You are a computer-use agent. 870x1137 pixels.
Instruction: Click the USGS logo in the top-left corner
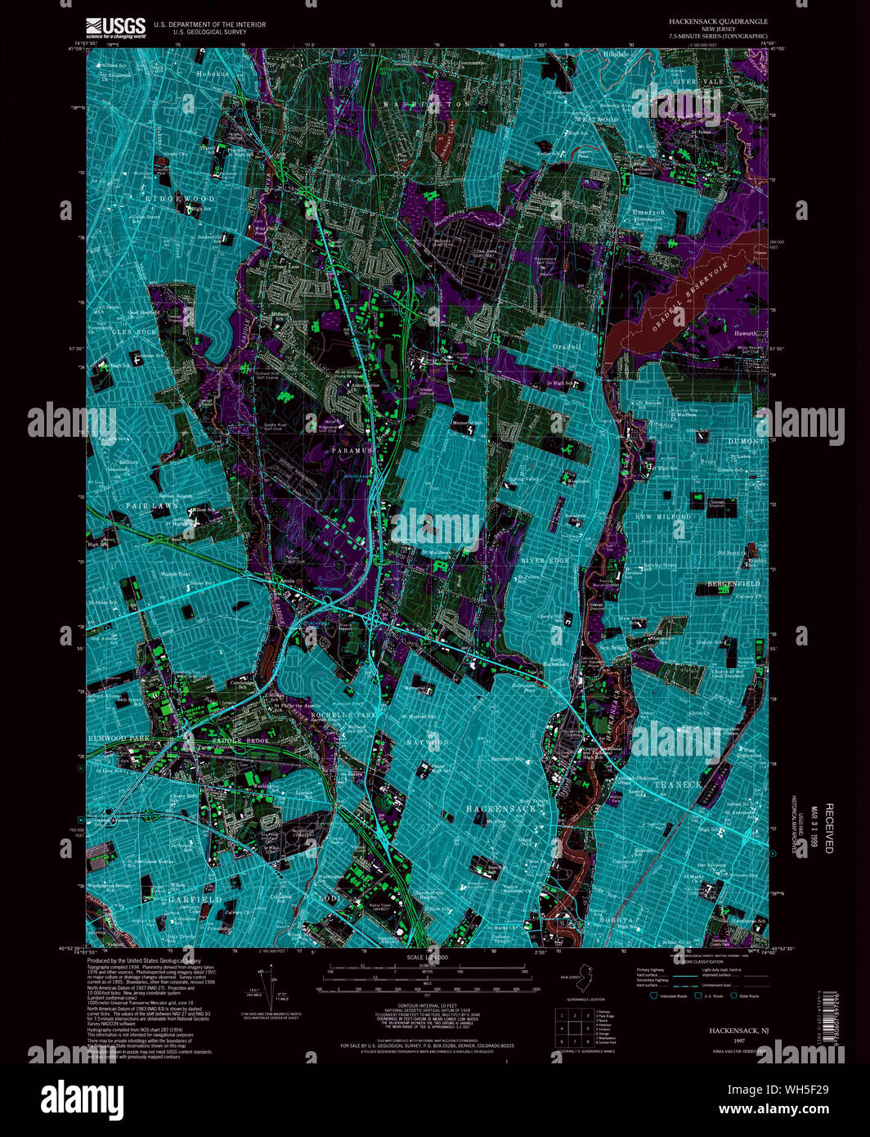point(115,28)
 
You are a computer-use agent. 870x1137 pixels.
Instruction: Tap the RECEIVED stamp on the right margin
point(828,828)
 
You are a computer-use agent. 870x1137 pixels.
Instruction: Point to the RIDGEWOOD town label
point(181,199)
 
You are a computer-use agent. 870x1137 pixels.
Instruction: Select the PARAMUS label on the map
point(352,451)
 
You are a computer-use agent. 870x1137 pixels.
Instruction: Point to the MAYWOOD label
point(427,743)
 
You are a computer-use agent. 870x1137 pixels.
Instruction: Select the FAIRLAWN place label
point(152,506)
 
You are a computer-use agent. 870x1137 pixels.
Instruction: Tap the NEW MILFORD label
point(663,517)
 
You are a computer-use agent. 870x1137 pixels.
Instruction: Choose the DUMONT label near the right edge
point(746,442)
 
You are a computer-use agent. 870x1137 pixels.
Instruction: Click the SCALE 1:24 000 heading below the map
point(428,956)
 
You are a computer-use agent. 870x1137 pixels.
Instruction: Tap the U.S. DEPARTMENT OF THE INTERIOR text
point(209,25)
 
